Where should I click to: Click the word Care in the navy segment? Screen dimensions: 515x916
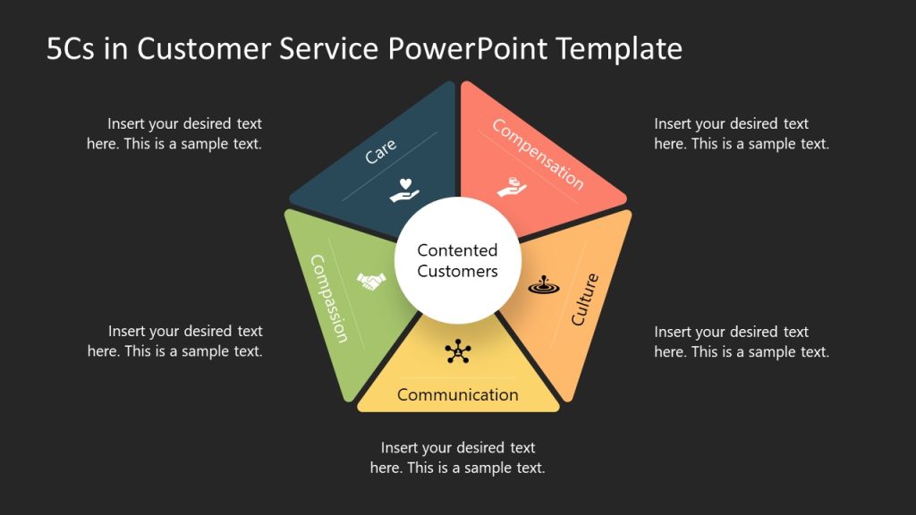(x=380, y=151)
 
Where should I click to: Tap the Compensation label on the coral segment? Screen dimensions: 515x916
(x=539, y=155)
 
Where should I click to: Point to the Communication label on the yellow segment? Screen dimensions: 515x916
(x=458, y=394)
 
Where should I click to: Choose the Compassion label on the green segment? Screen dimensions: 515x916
(x=328, y=299)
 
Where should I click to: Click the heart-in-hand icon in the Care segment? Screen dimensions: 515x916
(x=405, y=190)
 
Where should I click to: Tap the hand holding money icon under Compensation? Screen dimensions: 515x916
(x=512, y=188)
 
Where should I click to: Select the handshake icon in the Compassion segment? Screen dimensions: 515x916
(x=370, y=282)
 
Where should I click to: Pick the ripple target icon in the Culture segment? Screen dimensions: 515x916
(x=541, y=285)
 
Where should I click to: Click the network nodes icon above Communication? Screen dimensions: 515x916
(x=458, y=351)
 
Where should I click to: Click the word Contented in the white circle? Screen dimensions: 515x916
(x=457, y=251)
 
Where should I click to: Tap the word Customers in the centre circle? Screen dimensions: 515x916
(x=457, y=271)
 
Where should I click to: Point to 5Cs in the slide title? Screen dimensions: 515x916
(x=72, y=49)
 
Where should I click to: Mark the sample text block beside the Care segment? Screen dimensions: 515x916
(x=174, y=133)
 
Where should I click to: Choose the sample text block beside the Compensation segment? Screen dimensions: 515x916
(x=742, y=133)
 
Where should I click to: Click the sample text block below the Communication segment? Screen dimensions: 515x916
(x=458, y=458)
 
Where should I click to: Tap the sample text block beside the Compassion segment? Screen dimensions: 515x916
(x=175, y=342)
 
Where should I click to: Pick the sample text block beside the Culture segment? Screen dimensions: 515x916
(x=742, y=342)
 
